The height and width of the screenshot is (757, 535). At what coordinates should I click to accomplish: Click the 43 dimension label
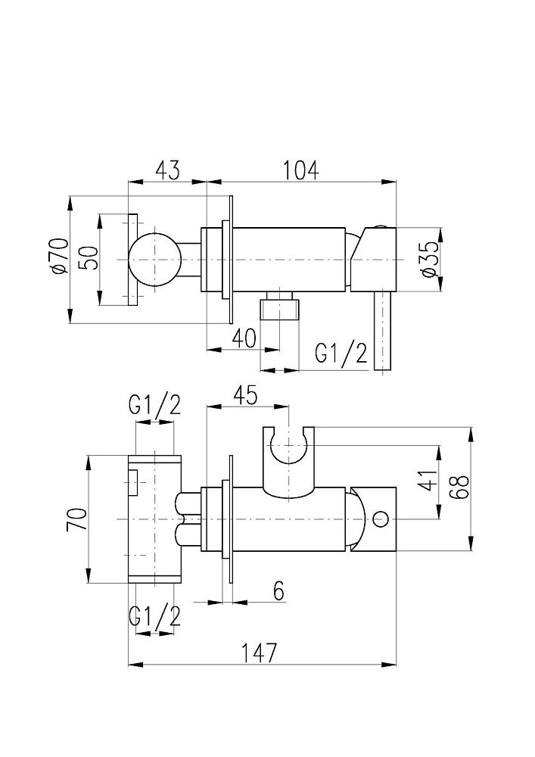pos(168,170)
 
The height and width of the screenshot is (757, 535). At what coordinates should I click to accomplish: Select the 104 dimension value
pos(302,170)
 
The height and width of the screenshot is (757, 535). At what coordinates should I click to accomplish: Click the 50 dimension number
pos(89,259)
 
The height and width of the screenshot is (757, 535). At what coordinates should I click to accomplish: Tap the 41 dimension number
pos(428,481)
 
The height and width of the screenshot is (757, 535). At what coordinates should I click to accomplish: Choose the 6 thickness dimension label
pos(278,590)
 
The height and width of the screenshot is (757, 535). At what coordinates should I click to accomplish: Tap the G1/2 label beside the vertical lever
pos(341,354)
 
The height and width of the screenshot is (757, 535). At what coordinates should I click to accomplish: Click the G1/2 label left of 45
pos(154,406)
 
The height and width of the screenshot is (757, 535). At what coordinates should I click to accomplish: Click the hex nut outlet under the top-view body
pos(279,308)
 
